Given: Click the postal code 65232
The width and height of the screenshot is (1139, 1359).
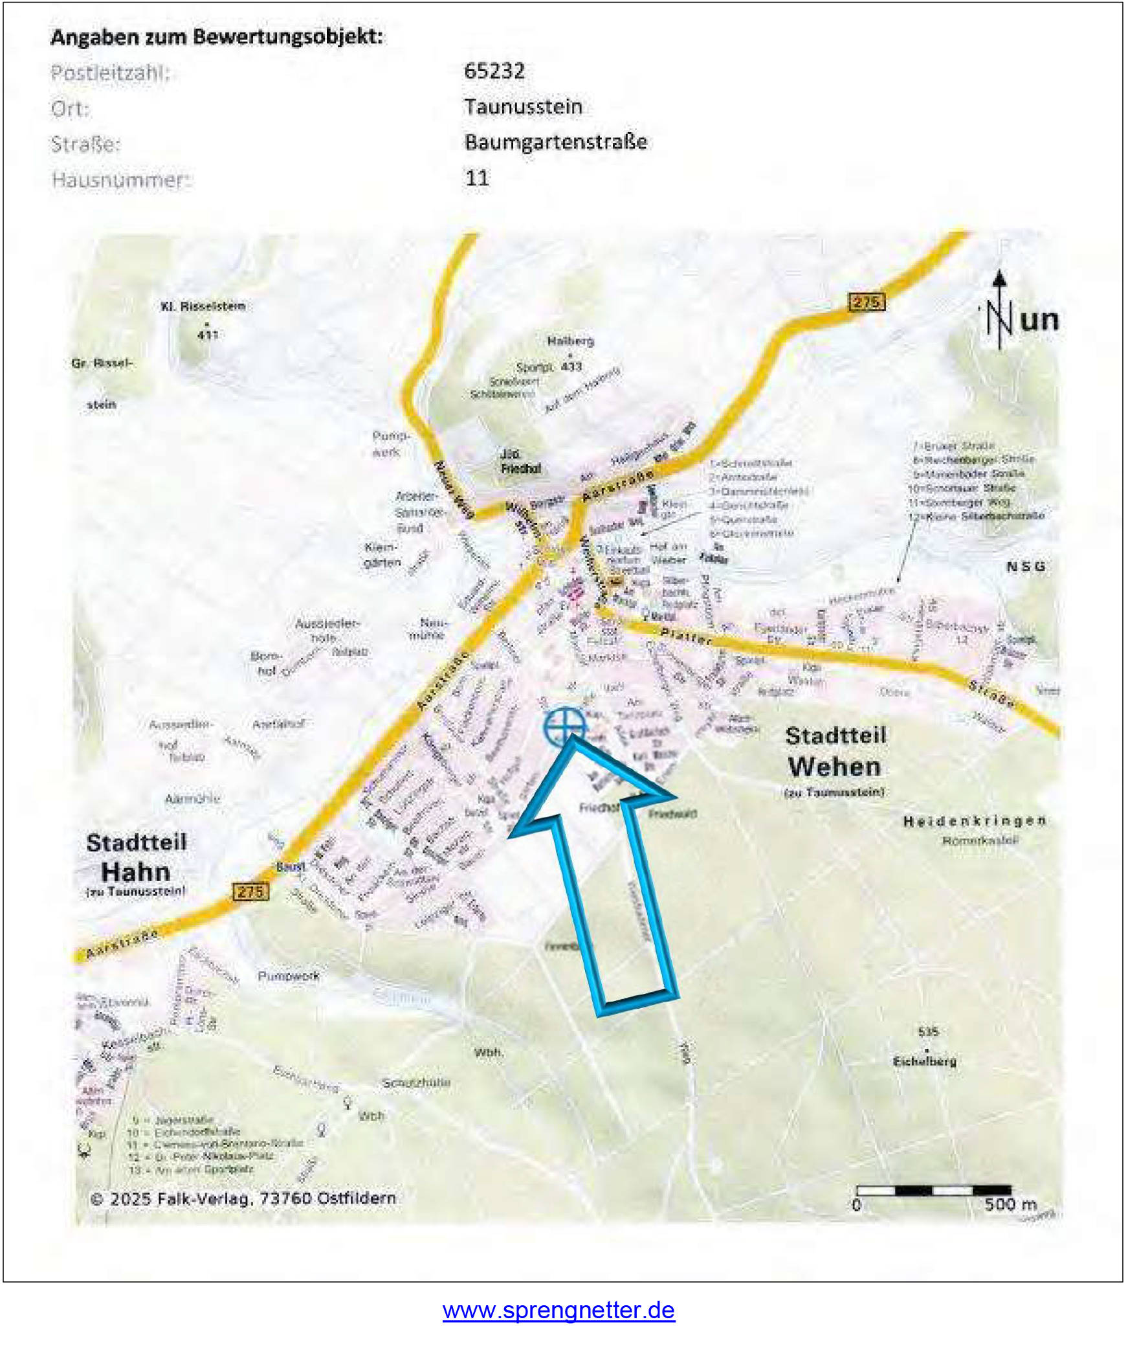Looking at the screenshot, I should click(x=494, y=71).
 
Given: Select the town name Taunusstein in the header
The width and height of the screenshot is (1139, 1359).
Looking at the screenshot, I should click(x=524, y=107).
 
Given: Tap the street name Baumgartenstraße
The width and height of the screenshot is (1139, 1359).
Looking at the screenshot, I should click(x=556, y=142).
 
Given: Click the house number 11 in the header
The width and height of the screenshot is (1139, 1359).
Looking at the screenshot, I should click(x=478, y=177).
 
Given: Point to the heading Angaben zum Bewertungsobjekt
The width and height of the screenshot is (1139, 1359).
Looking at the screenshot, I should click(x=217, y=37).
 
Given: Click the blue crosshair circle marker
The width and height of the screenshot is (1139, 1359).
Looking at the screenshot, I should click(x=565, y=726).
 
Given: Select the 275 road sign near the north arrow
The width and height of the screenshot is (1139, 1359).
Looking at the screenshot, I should click(x=867, y=302).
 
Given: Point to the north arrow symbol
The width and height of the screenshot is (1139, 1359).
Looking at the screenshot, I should click(x=1000, y=311).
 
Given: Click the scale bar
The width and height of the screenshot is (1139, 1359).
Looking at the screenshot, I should click(x=933, y=1190).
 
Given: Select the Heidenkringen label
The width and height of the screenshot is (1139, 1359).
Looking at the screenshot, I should click(x=975, y=822).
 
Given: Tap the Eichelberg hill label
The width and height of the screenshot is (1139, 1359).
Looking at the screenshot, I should click(x=924, y=1061).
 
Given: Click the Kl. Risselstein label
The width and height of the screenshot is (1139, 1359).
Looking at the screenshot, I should click(x=203, y=306).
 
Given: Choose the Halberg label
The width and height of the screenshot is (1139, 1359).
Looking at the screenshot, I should click(x=570, y=341).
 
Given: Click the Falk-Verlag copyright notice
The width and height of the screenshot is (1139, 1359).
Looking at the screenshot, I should click(x=243, y=1198).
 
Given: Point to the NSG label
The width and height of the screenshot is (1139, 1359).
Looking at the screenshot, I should click(x=1026, y=567).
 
